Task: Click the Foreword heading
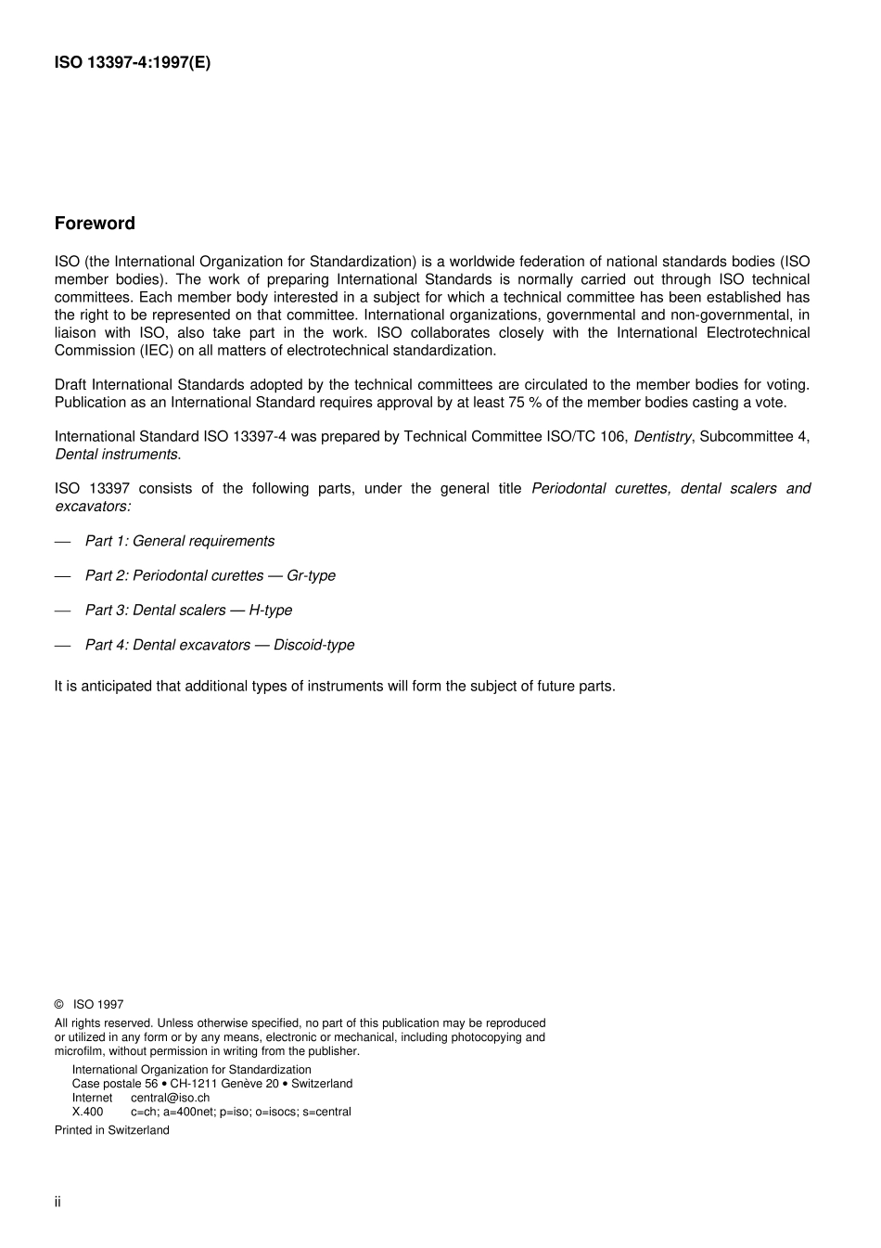95,224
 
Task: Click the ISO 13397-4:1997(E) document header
133,63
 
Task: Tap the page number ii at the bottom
57,1202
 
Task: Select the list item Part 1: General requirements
179,541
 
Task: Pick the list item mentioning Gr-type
210,575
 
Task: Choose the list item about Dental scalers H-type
188,611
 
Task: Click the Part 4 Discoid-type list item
219,645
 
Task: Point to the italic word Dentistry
661,436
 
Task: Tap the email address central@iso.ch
170,1098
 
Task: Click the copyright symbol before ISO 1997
58,1004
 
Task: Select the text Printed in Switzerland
111,1130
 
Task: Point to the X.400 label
87,1112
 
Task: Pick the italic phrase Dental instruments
117,455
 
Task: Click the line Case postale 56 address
211,1084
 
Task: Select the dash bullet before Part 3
62,611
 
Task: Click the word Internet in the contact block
92,1098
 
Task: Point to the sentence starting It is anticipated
334,687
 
